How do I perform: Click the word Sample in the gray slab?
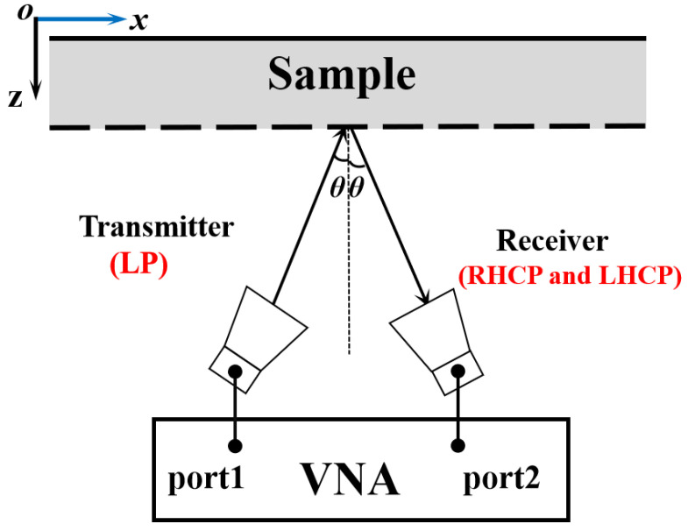tap(342, 75)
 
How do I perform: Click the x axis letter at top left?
tap(138, 20)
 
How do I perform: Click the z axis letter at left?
tap(15, 98)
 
